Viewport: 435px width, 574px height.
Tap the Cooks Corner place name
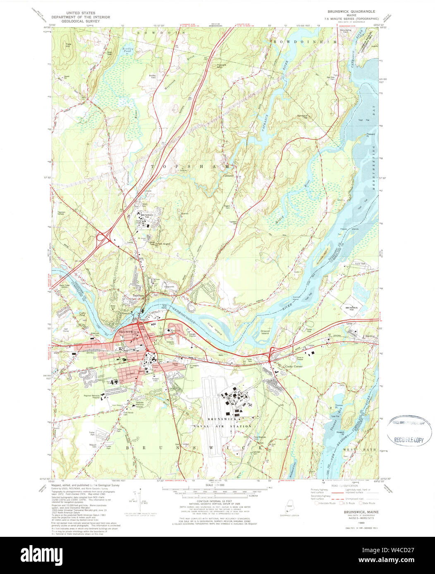click(x=293, y=366)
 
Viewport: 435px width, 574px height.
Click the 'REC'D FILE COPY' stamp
click(x=409, y=440)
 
